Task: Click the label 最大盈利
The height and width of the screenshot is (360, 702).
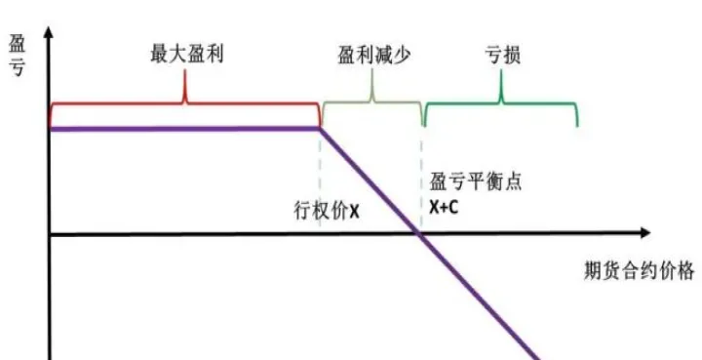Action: tap(186, 53)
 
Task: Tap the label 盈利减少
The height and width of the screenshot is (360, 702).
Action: tap(370, 53)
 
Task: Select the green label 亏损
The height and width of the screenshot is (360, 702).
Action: tap(503, 53)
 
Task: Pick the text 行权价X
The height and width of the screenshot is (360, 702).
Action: tap(327, 209)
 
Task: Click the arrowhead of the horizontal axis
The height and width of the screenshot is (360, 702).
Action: tap(644, 234)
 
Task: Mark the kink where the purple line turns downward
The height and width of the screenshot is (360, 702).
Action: tap(321, 128)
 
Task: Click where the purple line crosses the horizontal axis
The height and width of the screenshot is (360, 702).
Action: tap(420, 234)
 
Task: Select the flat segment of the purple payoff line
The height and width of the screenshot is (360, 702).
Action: tap(185, 128)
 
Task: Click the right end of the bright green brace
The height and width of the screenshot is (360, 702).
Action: tap(577, 123)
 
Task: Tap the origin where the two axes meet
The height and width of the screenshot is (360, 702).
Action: tap(50, 234)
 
